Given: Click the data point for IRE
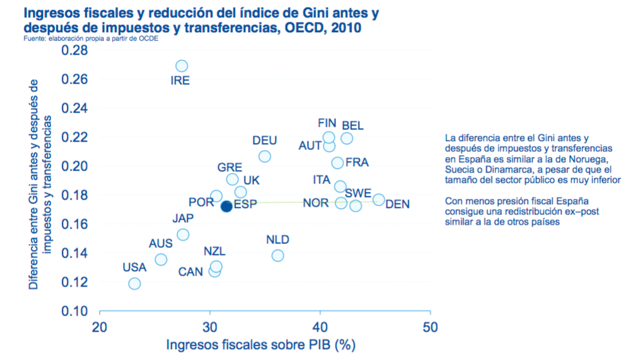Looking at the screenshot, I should [x=182, y=66].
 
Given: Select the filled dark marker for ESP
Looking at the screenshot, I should [x=226, y=207].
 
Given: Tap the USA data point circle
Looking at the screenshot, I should [x=135, y=283].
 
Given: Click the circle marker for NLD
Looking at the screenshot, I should [x=277, y=256].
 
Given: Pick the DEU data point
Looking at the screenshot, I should [x=265, y=156].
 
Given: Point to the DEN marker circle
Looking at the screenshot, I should [x=379, y=200].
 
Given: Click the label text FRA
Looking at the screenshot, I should [x=357, y=163].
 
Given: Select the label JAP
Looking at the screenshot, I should [x=183, y=218].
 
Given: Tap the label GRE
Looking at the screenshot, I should [x=230, y=167].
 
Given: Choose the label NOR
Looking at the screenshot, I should [x=315, y=204].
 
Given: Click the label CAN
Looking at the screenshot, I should [x=191, y=272].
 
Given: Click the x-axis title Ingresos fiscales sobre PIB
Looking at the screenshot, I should [x=261, y=345].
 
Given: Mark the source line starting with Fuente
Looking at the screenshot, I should [x=89, y=39].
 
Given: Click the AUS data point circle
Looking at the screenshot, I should [x=161, y=260].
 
